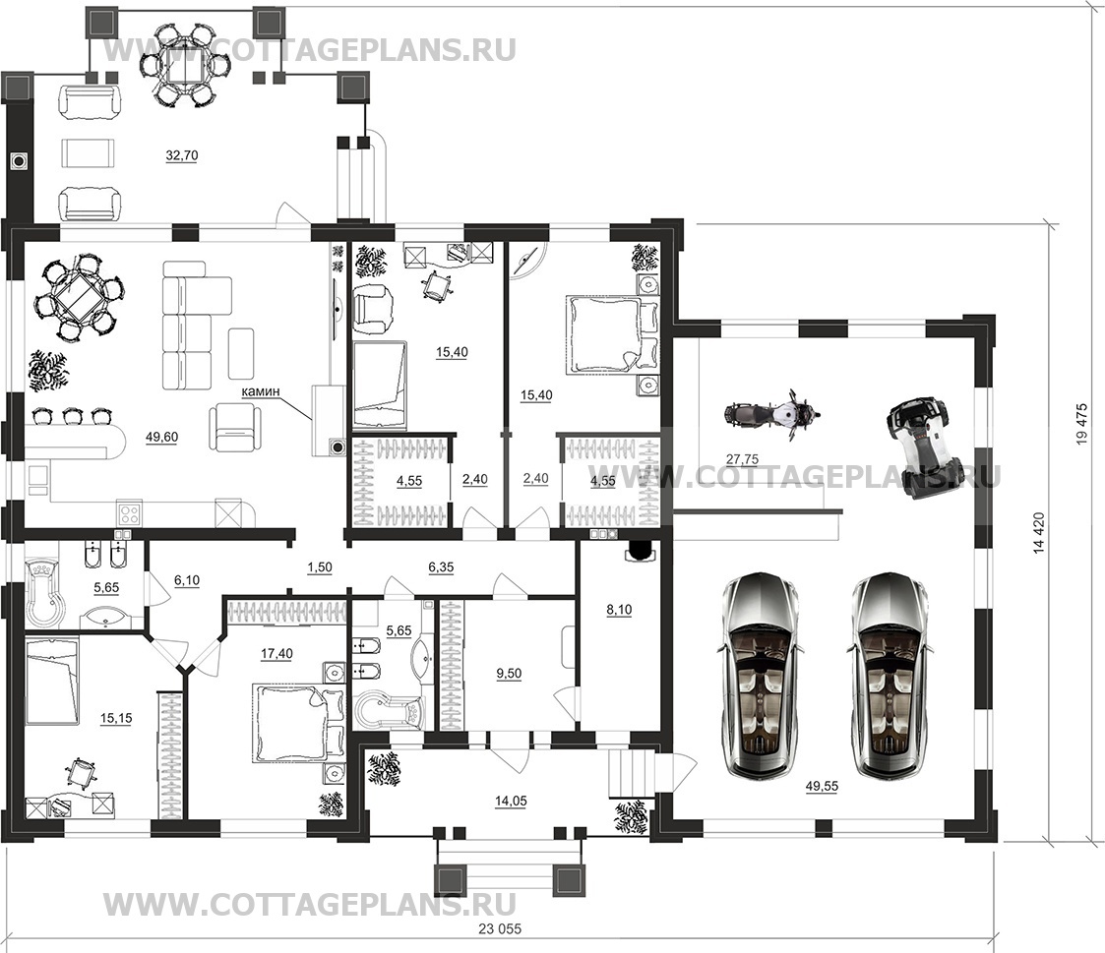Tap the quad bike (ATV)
coord(916,447)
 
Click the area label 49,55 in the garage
coord(821,786)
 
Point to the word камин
coord(261,390)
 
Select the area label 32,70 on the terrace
coord(182,155)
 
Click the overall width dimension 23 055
coord(500,929)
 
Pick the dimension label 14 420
coord(1039,533)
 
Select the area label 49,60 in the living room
coord(161,438)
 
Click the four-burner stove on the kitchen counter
coord(130,512)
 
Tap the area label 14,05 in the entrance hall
coord(511,801)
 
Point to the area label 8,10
coord(619,610)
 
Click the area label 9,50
coord(509,674)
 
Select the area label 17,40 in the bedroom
coord(276,654)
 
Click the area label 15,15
coord(115,719)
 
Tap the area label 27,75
coord(742,459)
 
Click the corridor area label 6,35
coord(441,567)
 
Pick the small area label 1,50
coord(319,567)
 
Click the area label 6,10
coord(187,580)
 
